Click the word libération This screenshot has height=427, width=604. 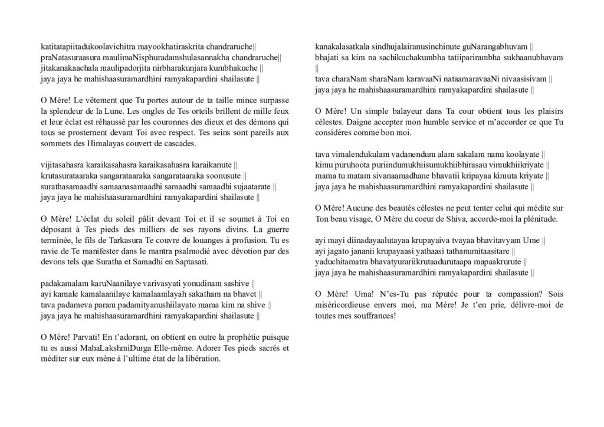[201, 359]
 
